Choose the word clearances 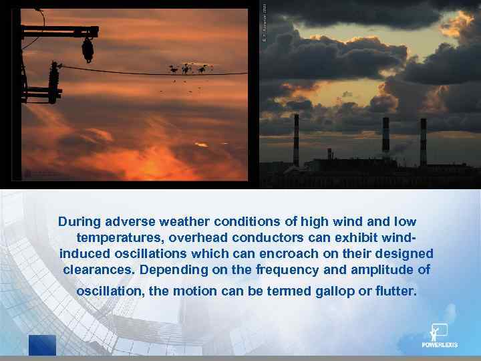pos(97,271)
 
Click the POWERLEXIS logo pos(440,336)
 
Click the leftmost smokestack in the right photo pos(296,140)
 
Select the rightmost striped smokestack pos(423,142)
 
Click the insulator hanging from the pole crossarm pos(88,49)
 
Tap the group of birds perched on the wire pos(190,68)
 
